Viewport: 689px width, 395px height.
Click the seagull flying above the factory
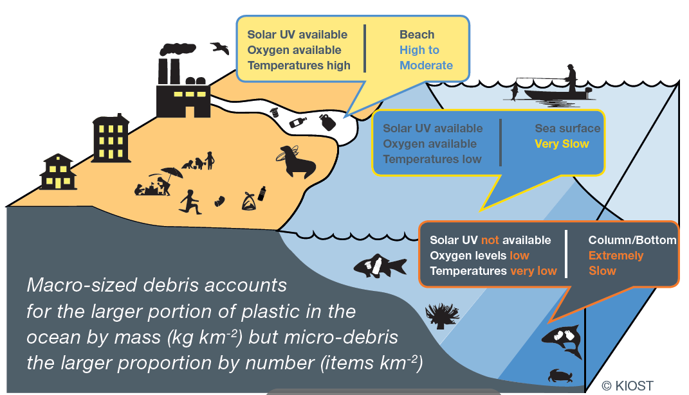220,48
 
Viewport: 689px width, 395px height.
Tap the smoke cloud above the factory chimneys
178,49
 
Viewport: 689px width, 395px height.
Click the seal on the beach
297,162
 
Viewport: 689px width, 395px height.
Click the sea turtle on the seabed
560,376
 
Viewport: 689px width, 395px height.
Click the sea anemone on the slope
441,316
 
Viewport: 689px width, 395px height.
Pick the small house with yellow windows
58,172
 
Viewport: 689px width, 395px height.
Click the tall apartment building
111,138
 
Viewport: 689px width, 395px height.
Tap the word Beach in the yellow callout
417,35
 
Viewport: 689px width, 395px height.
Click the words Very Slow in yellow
562,144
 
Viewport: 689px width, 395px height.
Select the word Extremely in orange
616,256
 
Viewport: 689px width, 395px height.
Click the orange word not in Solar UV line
490,240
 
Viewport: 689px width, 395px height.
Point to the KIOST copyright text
627,386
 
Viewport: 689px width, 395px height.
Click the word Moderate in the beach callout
426,66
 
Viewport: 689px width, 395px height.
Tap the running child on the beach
190,202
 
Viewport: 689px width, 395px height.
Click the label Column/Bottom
632,240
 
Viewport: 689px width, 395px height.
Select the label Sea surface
567,128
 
